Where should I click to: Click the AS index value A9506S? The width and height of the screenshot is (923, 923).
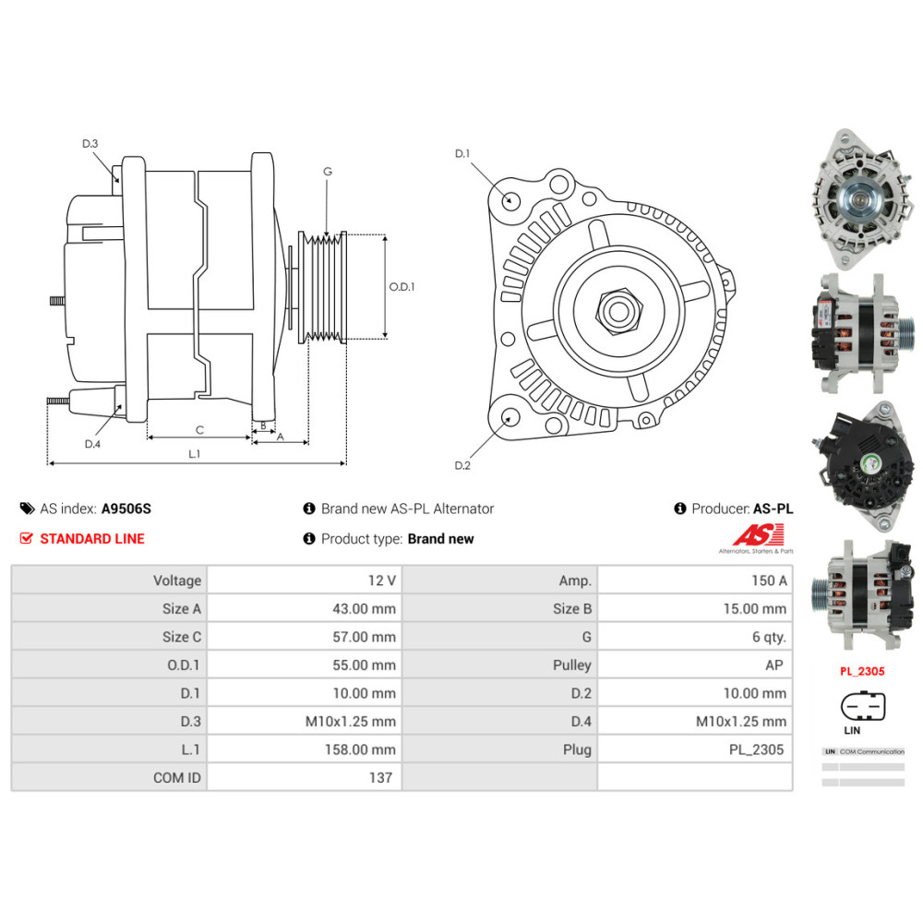point(126,509)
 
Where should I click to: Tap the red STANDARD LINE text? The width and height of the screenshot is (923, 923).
point(92,539)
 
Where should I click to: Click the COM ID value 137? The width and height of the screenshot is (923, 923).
point(380,777)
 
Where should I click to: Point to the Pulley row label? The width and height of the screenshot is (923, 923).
point(572,665)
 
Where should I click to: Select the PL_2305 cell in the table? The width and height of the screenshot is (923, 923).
point(756,749)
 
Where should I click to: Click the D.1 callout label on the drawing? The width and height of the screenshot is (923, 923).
point(462,153)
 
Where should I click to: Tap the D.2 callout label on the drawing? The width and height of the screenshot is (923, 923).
point(462,465)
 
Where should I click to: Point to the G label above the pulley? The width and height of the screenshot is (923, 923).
point(328,172)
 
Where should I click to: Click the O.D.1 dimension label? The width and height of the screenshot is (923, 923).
point(402,287)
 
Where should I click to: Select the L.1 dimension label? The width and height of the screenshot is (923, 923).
point(195,453)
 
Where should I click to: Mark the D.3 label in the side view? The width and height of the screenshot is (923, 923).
point(90,143)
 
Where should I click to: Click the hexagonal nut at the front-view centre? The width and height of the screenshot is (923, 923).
point(616,306)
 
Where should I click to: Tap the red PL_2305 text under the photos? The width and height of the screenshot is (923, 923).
point(861,671)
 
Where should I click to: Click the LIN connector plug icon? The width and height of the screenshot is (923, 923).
point(862,707)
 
